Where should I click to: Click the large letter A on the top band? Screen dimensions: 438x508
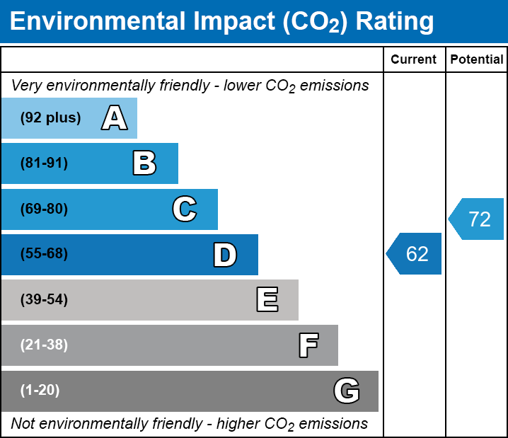115,118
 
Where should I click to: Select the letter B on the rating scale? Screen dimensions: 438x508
144,163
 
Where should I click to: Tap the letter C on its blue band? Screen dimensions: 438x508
185,209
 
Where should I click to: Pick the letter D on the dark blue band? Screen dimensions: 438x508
225,255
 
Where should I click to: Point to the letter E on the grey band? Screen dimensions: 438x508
267,300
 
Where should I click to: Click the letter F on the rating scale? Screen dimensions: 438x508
308,345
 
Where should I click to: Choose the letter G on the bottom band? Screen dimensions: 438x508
347,391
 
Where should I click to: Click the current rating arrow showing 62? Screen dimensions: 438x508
415,253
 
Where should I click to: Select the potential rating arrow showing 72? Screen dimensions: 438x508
477,219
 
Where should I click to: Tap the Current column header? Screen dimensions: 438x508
414,60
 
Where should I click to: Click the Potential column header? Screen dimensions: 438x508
477,60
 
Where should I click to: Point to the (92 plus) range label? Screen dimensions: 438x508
50,118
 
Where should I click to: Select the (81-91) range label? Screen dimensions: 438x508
44,163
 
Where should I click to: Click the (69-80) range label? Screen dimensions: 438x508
44,209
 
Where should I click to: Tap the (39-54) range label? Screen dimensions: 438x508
44,300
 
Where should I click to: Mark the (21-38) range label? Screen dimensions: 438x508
44,345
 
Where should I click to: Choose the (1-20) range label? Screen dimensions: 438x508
40,391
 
